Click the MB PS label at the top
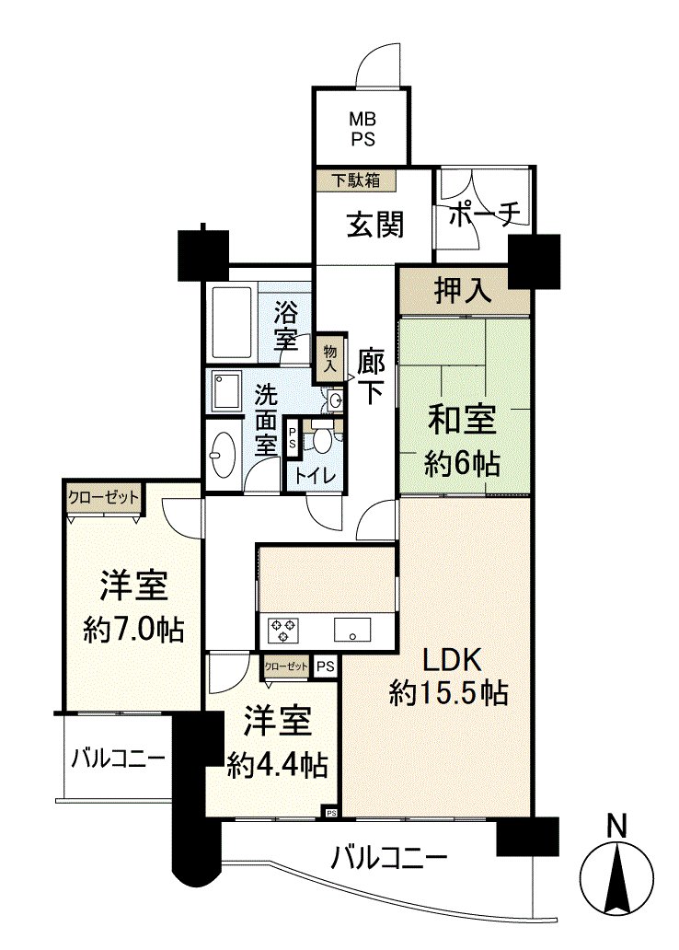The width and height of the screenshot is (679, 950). [x=363, y=128]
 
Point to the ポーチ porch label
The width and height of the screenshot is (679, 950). [x=485, y=213]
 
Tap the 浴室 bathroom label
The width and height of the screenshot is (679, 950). [x=286, y=323]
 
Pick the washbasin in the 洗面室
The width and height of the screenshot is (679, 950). [x=224, y=454]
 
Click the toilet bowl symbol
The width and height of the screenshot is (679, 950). [x=321, y=439]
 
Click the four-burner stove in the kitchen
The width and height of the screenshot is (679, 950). [x=283, y=631]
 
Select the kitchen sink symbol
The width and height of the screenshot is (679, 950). [x=353, y=631]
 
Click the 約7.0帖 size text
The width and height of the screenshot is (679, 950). [x=132, y=630]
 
